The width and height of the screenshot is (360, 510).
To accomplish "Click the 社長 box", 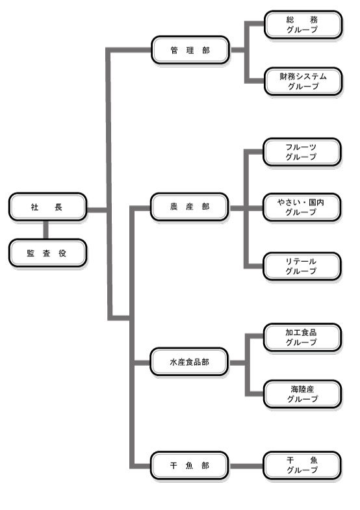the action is point(47,207).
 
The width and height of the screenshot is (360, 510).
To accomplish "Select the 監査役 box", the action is point(47,253).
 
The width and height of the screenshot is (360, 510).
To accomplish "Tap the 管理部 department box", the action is point(190,50).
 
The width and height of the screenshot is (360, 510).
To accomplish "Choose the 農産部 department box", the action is point(190,207).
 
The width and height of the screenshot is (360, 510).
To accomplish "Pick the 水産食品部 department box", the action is point(189,362).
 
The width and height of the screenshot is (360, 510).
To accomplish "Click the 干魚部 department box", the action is point(189,466).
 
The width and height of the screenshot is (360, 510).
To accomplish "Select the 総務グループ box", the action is point(303,25).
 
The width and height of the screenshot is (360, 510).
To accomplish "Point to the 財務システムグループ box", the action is point(303,81).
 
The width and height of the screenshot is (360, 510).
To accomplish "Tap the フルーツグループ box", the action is point(302,152).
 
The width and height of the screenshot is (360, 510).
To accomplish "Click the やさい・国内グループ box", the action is point(302,207).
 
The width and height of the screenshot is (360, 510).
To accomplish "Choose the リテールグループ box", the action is point(302,266).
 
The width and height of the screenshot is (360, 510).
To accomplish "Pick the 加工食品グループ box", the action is point(302,337).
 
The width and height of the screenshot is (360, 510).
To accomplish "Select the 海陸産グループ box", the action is point(302,394).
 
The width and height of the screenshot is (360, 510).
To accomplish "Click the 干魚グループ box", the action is point(302,465).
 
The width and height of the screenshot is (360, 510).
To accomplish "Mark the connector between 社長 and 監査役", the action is point(46,230).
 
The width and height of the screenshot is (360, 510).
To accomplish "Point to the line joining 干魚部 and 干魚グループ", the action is point(246,466).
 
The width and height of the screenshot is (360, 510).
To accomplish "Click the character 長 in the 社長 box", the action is point(58,207).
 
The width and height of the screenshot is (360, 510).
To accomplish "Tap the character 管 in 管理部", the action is point(174,51).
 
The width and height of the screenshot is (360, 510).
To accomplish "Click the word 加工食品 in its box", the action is point(301,333).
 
